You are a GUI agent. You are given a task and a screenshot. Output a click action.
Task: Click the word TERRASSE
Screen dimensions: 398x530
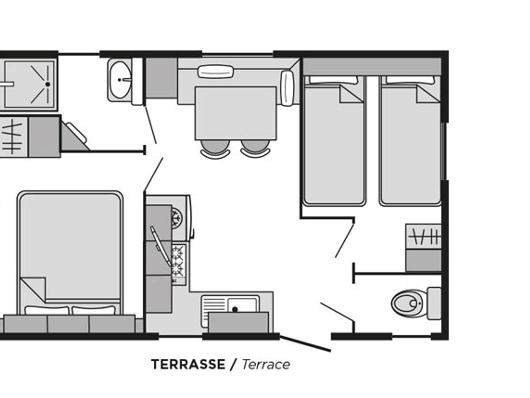188,364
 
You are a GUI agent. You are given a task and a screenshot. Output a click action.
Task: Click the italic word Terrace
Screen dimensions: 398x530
266,365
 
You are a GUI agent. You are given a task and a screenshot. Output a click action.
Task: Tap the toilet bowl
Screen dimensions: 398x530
406,303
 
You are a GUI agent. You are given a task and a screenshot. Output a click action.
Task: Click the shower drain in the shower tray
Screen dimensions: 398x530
47,84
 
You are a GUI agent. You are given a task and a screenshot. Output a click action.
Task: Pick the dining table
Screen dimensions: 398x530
235,113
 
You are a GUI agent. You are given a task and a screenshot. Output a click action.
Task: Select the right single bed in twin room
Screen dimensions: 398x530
410,146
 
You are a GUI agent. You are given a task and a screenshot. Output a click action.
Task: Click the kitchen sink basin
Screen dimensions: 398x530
242,305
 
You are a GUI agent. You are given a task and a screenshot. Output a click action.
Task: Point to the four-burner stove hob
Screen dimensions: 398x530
178,261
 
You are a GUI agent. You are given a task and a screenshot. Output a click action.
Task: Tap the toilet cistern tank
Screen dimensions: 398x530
434,303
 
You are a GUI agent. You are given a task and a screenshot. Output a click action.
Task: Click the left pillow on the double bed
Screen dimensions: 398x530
47,310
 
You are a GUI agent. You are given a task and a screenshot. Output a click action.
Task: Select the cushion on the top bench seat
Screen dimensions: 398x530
216,72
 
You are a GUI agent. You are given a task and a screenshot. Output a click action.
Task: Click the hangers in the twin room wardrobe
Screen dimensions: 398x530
424,237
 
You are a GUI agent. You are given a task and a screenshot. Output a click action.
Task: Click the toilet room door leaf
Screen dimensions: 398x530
337,312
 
